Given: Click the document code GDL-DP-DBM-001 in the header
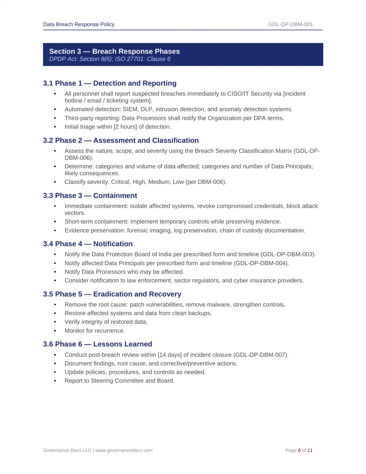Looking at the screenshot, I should (x=290, y=24).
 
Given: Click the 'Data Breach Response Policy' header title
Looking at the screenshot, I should (x=79, y=24).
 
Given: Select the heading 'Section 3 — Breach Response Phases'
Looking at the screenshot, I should (x=114, y=51).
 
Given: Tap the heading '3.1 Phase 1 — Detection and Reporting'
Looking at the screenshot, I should (x=110, y=83).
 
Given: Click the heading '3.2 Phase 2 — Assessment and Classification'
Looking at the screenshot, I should (x=121, y=140).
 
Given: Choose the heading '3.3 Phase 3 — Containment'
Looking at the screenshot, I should (x=90, y=196).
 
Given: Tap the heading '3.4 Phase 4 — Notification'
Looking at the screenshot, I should (x=88, y=244).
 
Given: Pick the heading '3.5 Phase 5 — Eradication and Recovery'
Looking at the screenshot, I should (x=112, y=294).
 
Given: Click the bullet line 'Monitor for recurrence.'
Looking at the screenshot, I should (x=95, y=331).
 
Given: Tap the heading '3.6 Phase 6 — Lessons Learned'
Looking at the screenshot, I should (x=98, y=344).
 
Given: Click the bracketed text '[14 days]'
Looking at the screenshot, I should (x=170, y=355).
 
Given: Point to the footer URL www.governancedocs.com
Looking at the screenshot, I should (x=124, y=450).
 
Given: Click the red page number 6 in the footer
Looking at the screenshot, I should (x=299, y=450).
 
